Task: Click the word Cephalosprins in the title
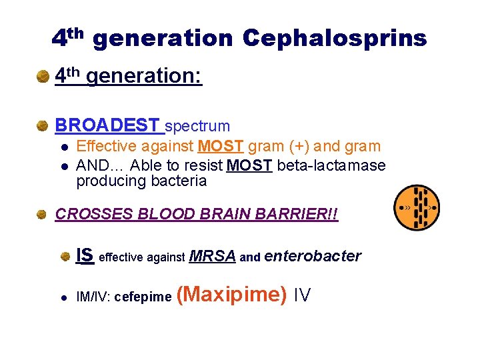tap(335, 39)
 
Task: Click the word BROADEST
tap(107, 125)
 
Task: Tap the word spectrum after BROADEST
tap(197, 126)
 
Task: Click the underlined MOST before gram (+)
tap(220, 147)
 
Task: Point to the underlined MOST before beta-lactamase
tap(249, 165)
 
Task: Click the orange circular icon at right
tap(416, 207)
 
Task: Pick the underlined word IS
tap(85, 255)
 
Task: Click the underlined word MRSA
tap(213, 256)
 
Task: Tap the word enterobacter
tap(313, 256)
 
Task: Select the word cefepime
tap(143, 297)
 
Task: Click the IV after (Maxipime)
tap(302, 295)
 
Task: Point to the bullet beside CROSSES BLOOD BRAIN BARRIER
tap(43, 215)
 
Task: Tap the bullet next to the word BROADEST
tap(43, 125)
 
